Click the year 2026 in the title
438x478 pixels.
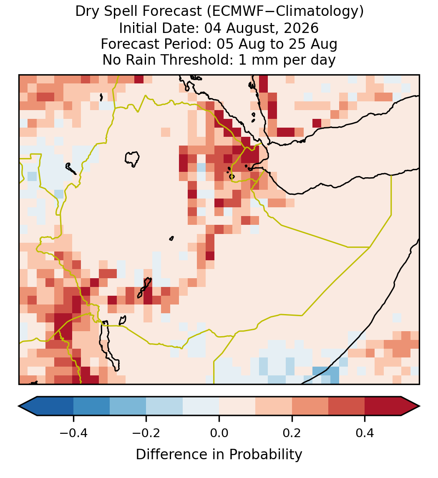301,28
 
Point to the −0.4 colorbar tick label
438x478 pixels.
73,433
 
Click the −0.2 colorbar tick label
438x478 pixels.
146,433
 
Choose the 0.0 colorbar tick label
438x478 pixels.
219,433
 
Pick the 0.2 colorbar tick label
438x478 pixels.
292,433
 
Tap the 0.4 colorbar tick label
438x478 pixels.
365,433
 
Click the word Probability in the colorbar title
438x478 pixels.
265,455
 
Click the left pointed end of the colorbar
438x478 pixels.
19,406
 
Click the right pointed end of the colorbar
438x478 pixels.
419,406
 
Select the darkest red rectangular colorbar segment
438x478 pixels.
383,406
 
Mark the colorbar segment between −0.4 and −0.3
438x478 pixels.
91,406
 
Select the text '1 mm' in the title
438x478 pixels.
259,60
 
